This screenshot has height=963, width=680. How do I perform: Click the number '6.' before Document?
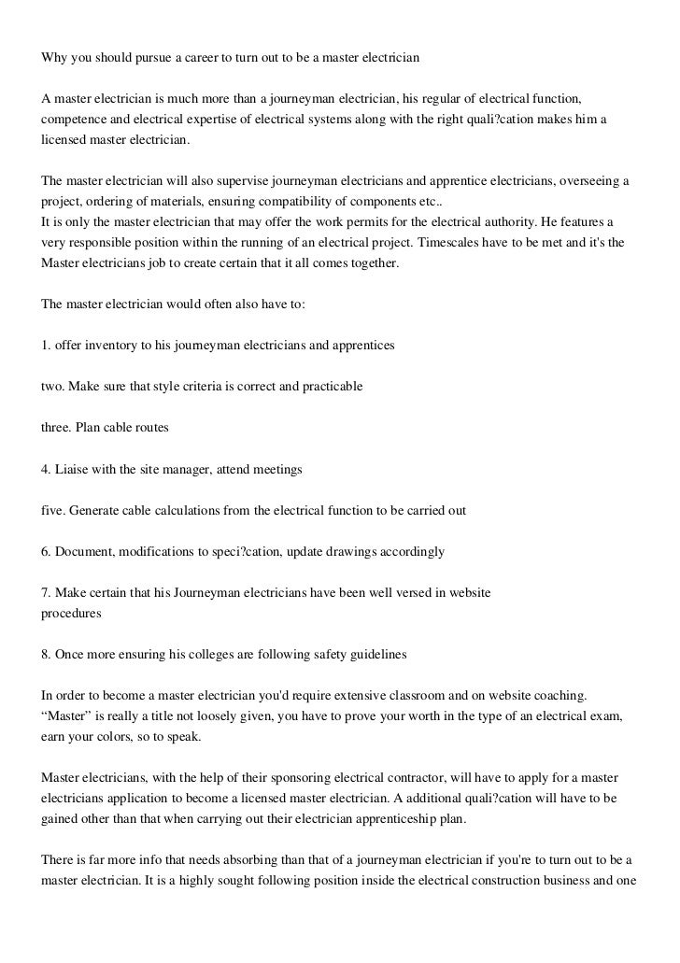click(x=46, y=551)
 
